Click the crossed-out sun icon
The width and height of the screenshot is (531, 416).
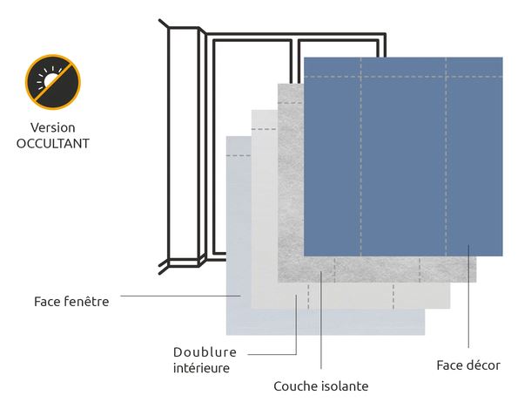(x=53, y=82)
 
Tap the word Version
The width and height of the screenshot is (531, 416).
(x=53, y=128)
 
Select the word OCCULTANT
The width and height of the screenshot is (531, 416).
(x=53, y=144)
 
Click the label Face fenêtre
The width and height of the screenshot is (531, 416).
(x=71, y=301)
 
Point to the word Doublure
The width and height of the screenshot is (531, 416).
(x=205, y=352)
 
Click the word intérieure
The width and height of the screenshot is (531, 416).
(x=201, y=368)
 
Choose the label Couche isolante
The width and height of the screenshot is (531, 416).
(x=321, y=386)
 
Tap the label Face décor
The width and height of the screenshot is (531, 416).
(x=468, y=365)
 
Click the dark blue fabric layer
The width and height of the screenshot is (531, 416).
(x=403, y=157)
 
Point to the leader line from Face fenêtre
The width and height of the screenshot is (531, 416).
(x=180, y=296)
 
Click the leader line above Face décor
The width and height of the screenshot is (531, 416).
(x=468, y=296)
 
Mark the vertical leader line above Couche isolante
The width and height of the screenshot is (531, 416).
(x=321, y=320)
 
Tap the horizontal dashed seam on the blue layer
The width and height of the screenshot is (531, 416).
(x=403, y=77)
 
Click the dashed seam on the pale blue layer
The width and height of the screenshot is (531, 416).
(x=239, y=155)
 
